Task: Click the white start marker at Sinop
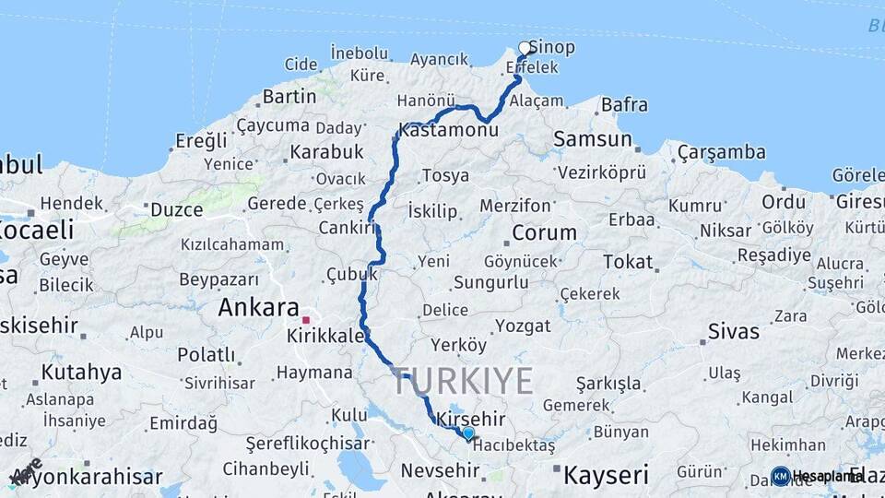click(x=525, y=48)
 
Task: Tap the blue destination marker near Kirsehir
click(x=468, y=433)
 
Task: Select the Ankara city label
click(x=258, y=308)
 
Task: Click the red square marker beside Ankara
click(x=305, y=320)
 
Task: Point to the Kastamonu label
click(x=449, y=131)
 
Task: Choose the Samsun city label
click(x=593, y=139)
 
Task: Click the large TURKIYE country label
click(x=463, y=380)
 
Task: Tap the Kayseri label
click(x=606, y=476)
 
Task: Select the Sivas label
click(x=734, y=331)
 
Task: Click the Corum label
click(x=544, y=232)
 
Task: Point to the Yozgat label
click(x=523, y=326)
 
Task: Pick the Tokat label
click(x=628, y=262)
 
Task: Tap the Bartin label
click(x=289, y=96)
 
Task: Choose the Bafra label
click(x=624, y=104)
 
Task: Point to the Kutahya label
click(x=81, y=373)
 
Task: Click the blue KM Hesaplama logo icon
click(x=781, y=476)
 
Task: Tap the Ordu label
click(x=784, y=201)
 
